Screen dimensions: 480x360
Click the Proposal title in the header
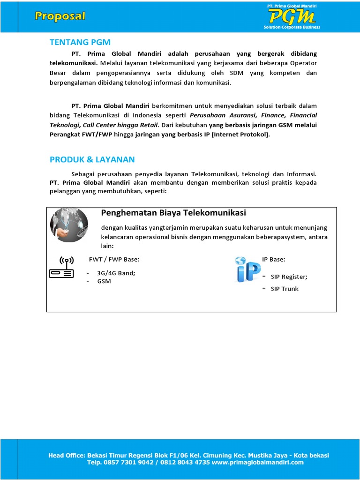coord(60,16)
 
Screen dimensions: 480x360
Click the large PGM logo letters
coord(291,17)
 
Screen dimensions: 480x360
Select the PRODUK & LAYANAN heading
coord(92,159)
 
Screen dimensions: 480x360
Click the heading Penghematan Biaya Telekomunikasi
coord(173,213)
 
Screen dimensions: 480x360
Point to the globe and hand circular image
coord(69,225)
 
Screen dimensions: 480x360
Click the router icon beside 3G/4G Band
coord(61,268)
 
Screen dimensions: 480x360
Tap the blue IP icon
coord(247,271)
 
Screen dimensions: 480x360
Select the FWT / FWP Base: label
coord(114,259)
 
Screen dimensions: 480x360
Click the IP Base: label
coord(273,259)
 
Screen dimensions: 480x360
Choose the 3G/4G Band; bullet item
coord(116,273)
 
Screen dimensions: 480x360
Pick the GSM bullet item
coord(104,281)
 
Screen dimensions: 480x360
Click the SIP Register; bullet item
coord(289,277)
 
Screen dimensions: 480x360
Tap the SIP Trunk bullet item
coord(285,289)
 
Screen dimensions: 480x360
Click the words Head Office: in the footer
coord(66,455)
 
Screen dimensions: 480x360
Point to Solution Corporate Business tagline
coord(292,27)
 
